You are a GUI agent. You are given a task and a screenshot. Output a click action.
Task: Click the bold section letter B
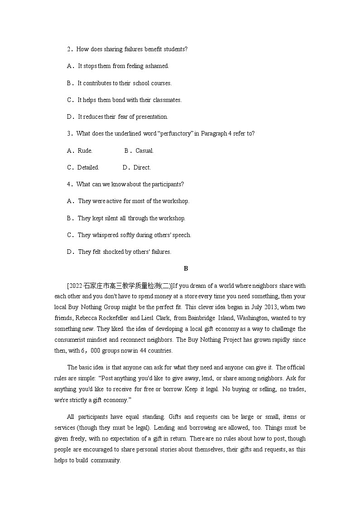tap(186, 269)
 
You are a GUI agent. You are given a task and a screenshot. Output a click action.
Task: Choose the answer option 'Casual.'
tap(145, 150)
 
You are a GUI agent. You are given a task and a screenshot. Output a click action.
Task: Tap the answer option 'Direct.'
tap(142, 167)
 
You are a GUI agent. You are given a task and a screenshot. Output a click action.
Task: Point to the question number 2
tap(69, 49)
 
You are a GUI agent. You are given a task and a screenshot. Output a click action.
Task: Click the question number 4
tap(69, 184)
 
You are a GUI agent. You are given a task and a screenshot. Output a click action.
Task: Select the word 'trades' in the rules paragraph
tap(295, 390)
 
